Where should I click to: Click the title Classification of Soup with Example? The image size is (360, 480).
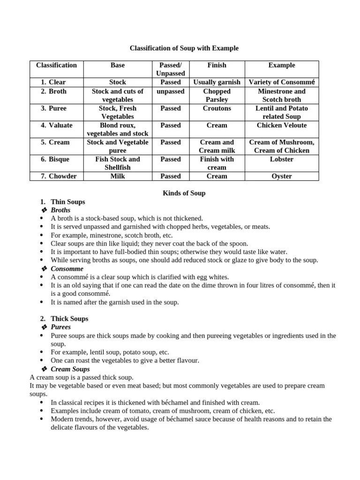184,48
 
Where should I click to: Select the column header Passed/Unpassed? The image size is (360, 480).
170,69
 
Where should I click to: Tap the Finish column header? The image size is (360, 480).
217,65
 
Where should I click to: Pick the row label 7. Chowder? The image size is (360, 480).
58,176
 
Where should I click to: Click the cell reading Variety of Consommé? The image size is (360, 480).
282,82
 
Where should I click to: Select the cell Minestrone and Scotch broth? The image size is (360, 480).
282,95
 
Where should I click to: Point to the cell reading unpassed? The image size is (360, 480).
170,91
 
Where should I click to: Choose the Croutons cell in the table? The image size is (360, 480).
217,108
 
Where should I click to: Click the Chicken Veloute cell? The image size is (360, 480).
282,125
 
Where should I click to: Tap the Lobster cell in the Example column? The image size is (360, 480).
282,159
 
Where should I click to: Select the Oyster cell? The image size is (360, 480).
282,176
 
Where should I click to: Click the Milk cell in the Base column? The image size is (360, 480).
118,176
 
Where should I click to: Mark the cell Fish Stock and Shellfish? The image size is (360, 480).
118,163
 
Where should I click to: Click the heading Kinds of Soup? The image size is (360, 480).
184,193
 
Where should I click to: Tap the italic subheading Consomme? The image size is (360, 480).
67,269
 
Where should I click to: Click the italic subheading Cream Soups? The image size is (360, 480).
70,369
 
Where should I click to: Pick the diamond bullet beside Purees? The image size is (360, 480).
45,327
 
